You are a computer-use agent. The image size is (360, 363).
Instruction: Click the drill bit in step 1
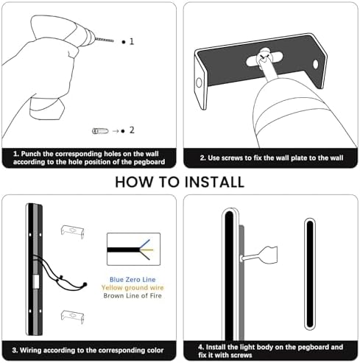(x=104, y=40)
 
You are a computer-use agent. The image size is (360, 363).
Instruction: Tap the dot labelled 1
(x=124, y=42)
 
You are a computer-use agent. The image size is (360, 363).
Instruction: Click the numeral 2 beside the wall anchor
(x=132, y=130)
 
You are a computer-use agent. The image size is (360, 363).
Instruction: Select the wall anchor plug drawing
(x=100, y=131)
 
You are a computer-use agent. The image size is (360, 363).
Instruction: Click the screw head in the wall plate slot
(x=264, y=55)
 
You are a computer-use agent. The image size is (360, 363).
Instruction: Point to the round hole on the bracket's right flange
(x=316, y=64)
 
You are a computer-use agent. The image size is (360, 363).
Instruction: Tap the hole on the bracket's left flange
(x=199, y=83)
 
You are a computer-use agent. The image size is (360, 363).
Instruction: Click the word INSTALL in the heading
(x=214, y=183)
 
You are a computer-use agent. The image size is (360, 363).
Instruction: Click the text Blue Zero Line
(x=133, y=280)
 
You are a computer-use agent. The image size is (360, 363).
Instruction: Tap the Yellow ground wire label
(x=133, y=288)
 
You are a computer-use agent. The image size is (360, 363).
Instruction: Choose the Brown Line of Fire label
(x=133, y=296)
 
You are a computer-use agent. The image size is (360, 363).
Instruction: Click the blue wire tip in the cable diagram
(x=149, y=240)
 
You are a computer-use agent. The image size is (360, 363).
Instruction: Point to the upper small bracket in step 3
(x=72, y=231)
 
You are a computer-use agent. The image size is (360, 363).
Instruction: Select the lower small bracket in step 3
(x=72, y=317)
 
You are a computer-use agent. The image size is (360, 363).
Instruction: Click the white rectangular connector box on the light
(x=36, y=281)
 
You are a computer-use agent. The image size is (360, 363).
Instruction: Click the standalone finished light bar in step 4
(x=310, y=274)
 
